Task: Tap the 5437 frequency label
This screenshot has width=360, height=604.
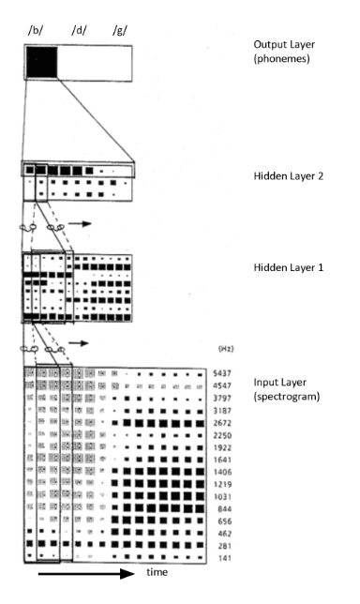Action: (222, 373)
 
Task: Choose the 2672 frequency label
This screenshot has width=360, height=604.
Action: (222, 423)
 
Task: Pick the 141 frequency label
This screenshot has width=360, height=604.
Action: (224, 559)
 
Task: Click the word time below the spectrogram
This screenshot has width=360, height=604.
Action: (157, 572)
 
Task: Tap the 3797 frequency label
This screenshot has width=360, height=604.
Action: (222, 398)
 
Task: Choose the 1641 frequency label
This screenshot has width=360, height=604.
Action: (222, 460)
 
